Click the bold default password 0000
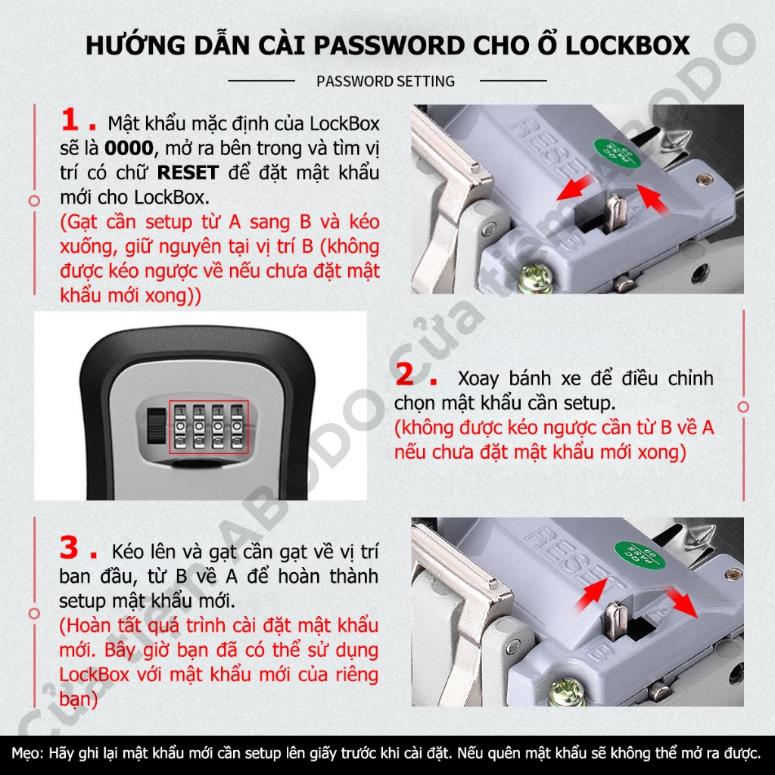point(129,148)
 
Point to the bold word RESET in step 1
point(188,173)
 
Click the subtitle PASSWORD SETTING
point(385,81)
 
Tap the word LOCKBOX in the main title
point(627,45)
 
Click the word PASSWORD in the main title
point(390,45)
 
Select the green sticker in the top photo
point(616,151)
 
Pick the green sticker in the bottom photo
point(638,553)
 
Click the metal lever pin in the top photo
point(615,213)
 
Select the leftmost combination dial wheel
point(180,427)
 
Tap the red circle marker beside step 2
point(743,406)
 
